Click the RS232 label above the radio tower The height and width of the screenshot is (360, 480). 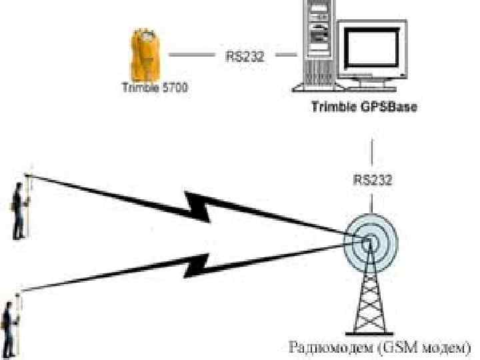click(x=371, y=179)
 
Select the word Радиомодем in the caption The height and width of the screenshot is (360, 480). click(x=326, y=348)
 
